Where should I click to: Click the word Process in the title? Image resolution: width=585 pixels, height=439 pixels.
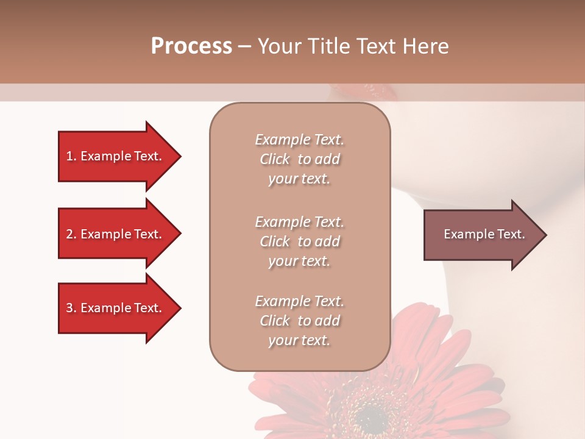191,46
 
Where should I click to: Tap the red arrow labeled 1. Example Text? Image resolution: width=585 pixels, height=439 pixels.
116,156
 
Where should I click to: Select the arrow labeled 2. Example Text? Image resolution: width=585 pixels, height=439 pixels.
116,234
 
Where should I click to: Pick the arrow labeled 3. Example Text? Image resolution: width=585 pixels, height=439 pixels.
116,308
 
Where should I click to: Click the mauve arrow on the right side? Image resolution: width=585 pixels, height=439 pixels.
481,235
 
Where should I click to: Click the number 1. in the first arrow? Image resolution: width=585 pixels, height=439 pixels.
71,156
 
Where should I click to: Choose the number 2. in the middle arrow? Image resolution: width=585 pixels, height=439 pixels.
71,234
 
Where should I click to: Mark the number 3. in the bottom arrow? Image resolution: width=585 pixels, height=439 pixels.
71,308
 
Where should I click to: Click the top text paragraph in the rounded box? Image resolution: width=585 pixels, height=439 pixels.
299,159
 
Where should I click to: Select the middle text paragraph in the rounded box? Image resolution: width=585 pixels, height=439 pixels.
299,241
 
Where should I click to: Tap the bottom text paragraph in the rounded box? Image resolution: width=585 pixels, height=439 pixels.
299,321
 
